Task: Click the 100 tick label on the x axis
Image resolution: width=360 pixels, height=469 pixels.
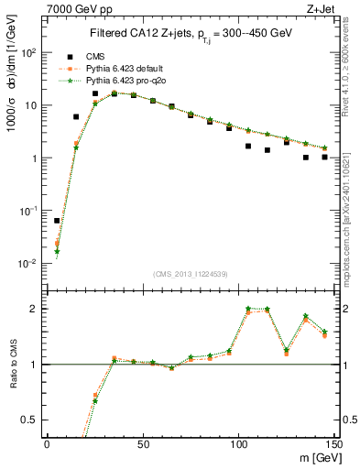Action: (238, 444)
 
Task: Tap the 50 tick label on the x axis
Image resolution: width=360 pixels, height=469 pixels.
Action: (143, 444)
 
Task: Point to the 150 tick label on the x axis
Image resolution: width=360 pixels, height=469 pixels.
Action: (333, 444)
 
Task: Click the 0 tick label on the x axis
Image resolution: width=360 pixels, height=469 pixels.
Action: (47, 444)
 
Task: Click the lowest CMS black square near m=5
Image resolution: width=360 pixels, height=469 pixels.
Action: (57, 221)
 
